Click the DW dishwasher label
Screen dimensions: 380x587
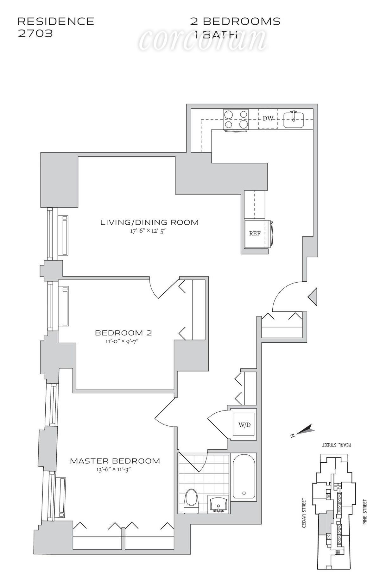pyautogui.click(x=268, y=119)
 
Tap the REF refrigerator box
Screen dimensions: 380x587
pyautogui.click(x=255, y=234)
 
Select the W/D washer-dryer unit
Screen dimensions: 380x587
pyautogui.click(x=244, y=425)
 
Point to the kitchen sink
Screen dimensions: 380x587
pyautogui.click(x=294, y=119)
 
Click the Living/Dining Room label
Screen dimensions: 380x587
pyautogui.click(x=149, y=222)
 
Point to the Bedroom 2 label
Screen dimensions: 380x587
pyautogui.click(x=123, y=333)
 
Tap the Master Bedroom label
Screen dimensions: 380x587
pyautogui.click(x=115, y=461)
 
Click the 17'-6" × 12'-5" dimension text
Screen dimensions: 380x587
pyautogui.click(x=148, y=231)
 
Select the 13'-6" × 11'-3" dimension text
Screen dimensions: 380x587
pyautogui.click(x=114, y=470)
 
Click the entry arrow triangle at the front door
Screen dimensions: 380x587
pyautogui.click(x=313, y=297)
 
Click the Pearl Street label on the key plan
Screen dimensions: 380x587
pyautogui.click(x=337, y=445)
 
